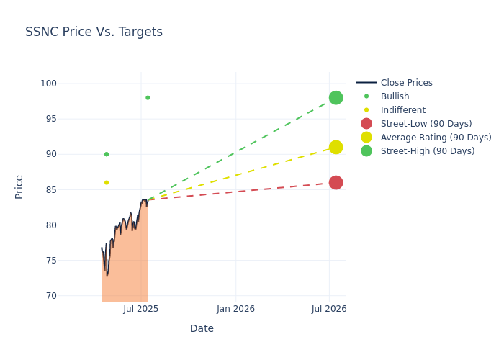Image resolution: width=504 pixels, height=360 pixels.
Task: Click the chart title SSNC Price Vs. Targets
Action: pos(94,32)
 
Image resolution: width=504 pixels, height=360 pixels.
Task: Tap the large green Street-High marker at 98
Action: pos(336,98)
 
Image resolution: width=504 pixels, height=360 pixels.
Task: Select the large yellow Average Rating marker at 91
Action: pos(336,147)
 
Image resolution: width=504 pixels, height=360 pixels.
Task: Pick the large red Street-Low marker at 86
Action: pos(336,183)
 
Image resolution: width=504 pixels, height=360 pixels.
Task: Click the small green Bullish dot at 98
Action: pos(148,98)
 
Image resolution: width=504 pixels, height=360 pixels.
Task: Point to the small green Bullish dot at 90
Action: pos(107,154)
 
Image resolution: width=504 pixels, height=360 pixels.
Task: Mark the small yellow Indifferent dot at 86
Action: pos(107,183)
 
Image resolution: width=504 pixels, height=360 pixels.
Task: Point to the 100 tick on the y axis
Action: pos(49,84)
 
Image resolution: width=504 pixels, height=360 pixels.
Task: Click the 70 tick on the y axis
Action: pos(51,296)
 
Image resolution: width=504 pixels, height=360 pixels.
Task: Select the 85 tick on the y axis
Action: pos(51,190)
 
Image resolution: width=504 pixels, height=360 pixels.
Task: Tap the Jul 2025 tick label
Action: pos(141,309)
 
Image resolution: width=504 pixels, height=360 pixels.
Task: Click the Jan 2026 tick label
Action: pos(235,309)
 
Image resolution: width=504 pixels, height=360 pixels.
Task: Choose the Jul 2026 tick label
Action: pos(329,309)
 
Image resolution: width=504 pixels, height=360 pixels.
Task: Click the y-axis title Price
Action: pos(19,186)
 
